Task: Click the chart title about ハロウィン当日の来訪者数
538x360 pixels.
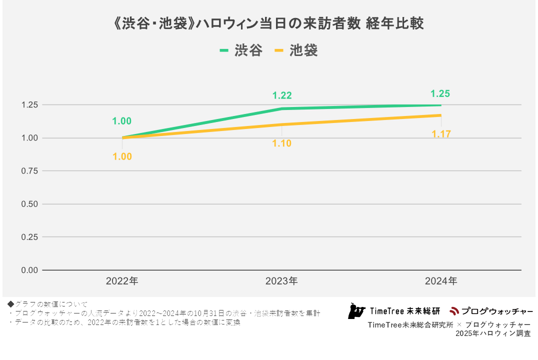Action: click(269, 24)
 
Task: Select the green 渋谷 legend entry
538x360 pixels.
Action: click(241, 50)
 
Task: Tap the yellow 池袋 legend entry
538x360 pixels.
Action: click(296, 50)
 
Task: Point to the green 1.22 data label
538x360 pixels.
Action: click(282, 95)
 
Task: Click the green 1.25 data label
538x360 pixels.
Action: click(440, 93)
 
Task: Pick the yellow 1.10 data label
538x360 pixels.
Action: click(281, 143)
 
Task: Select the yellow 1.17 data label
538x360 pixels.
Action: click(441, 134)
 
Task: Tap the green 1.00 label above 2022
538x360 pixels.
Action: click(122, 121)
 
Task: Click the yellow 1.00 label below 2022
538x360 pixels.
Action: click(122, 156)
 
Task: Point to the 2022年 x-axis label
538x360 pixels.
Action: click(122, 281)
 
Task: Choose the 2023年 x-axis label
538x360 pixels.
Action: click(281, 281)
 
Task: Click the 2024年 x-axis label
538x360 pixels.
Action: click(441, 281)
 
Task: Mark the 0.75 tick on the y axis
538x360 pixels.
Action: click(29, 171)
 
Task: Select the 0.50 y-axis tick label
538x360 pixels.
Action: click(29, 204)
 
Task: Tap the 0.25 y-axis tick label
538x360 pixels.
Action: click(29, 237)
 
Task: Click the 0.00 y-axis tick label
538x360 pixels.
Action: click(29, 270)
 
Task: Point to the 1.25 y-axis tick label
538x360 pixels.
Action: click(29, 105)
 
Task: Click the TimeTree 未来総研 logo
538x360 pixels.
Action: click(394, 311)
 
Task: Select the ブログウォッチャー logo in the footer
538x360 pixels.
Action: click(490, 311)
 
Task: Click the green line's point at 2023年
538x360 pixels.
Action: click(281, 108)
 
